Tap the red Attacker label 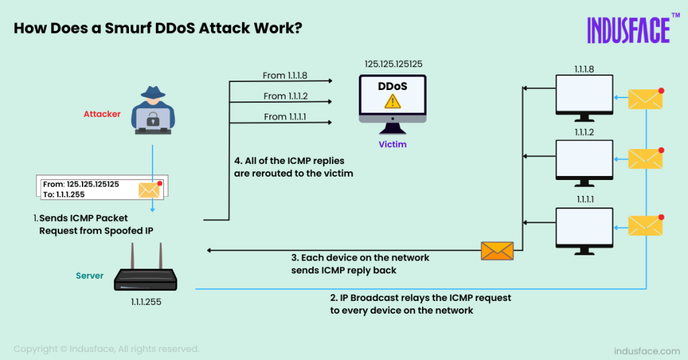102,114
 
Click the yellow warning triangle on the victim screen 392,101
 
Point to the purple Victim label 392,144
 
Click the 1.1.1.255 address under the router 146,302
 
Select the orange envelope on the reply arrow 497,251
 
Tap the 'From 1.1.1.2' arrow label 286,96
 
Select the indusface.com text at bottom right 647,351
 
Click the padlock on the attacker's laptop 153,120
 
